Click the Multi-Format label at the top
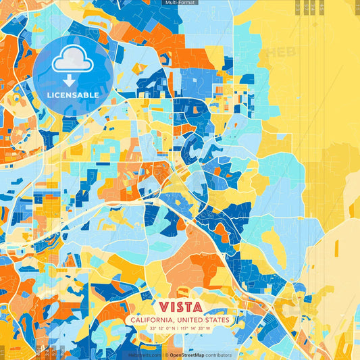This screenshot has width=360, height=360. (180, 3)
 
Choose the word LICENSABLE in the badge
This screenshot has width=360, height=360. (72, 95)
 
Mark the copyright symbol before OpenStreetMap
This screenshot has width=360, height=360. (166, 355)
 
